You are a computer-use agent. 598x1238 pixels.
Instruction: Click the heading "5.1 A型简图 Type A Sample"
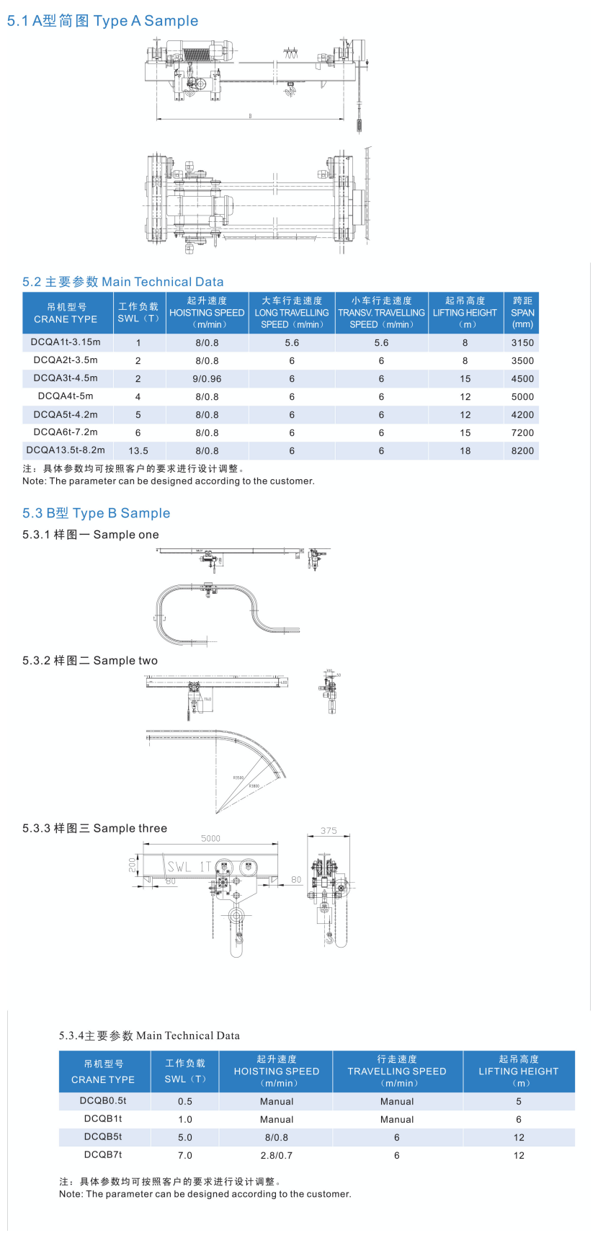(x=102, y=21)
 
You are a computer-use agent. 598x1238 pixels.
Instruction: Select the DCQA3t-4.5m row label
(x=66, y=378)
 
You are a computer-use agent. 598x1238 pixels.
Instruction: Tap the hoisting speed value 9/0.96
(x=207, y=379)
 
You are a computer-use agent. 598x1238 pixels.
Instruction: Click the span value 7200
(x=522, y=433)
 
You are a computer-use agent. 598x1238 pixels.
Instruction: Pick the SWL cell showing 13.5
(x=138, y=451)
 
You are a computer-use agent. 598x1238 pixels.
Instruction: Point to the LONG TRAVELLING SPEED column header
(x=292, y=313)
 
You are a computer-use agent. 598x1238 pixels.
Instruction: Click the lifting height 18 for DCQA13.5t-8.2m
(x=465, y=451)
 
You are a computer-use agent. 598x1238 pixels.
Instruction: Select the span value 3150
(x=522, y=343)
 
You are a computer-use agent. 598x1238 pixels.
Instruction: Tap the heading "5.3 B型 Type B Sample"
(x=97, y=513)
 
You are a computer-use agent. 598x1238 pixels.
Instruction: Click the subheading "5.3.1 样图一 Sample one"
(x=91, y=535)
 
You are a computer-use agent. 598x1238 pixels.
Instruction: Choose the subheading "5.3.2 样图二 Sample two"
(x=90, y=661)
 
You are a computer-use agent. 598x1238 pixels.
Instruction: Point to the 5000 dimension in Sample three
(x=210, y=838)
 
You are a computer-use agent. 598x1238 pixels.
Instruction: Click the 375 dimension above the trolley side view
(x=329, y=831)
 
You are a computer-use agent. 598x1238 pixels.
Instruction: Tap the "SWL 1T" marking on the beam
(x=189, y=867)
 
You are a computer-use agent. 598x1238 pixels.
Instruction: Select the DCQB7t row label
(x=103, y=1155)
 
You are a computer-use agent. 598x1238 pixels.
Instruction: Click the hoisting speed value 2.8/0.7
(x=277, y=1156)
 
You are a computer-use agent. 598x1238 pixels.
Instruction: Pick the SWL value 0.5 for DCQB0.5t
(x=185, y=1102)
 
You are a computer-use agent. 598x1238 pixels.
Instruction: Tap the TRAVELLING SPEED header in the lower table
(x=397, y=1072)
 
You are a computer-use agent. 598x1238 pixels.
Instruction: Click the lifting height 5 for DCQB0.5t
(x=519, y=1102)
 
